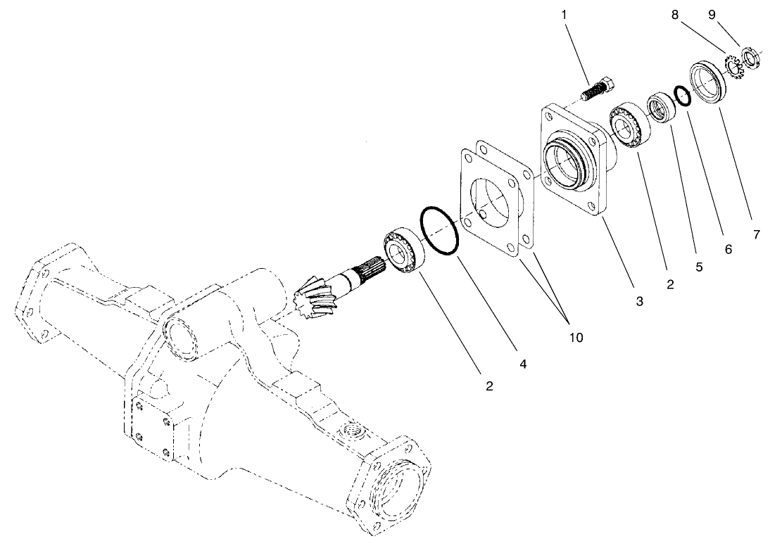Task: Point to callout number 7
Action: point(757,235)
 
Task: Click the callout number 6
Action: point(728,250)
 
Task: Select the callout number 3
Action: point(639,301)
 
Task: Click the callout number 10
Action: point(576,337)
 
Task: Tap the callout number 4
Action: point(522,364)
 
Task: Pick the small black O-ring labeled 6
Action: point(681,95)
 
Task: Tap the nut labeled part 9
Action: point(750,57)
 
